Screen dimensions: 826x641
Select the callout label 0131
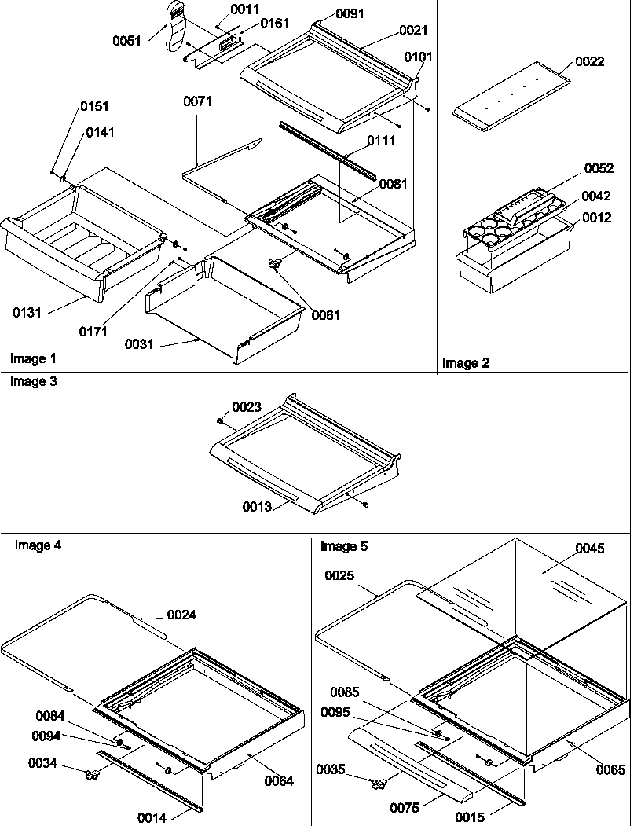(28, 313)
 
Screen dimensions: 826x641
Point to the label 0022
(589, 61)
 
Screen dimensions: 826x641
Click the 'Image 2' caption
(466, 363)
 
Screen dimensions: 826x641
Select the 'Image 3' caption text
(33, 381)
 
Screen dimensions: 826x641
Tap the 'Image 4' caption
(38, 545)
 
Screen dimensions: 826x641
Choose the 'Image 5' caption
(343, 545)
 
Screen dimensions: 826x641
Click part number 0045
(589, 549)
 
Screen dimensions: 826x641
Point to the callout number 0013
(256, 507)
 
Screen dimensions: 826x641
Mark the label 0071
(197, 102)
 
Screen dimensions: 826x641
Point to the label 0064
(279, 780)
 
